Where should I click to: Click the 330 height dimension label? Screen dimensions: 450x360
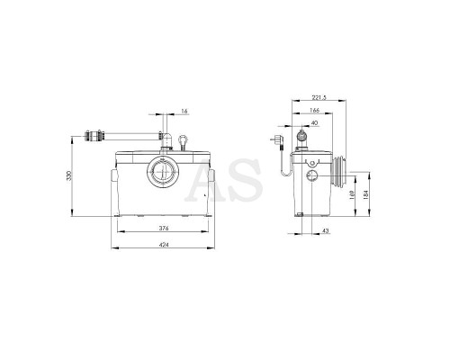[69, 175]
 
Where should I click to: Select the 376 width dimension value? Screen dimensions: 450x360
[164, 229]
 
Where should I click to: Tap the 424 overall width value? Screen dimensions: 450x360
[164, 245]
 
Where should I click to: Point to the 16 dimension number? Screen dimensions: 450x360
[184, 112]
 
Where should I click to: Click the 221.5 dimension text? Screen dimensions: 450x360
[319, 97]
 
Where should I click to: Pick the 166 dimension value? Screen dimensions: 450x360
[314, 111]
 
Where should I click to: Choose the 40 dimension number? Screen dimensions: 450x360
[315, 123]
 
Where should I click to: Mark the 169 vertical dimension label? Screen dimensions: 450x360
[353, 193]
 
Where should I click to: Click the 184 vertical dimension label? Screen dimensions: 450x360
[365, 194]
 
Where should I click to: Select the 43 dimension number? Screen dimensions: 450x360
[326, 231]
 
